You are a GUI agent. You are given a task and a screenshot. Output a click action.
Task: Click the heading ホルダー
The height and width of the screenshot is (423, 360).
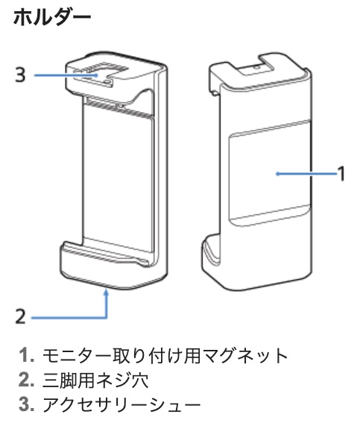click(52, 17)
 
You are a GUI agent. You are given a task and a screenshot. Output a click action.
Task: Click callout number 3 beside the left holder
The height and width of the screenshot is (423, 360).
click(20, 75)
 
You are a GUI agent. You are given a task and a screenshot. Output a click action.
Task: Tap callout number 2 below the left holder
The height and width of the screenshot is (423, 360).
click(20, 316)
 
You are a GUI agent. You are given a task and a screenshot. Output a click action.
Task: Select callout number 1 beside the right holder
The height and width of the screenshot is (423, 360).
click(341, 174)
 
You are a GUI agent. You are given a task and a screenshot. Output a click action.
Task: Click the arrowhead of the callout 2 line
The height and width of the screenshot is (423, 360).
click(107, 292)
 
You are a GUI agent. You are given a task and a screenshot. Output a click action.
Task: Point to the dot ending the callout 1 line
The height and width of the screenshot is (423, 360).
click(277, 174)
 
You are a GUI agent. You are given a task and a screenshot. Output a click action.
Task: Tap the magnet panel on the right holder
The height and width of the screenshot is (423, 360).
click(270, 172)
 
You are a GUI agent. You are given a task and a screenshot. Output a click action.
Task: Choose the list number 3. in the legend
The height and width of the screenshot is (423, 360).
click(27, 404)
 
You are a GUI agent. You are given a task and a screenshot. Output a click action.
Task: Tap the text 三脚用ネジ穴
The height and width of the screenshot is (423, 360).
click(95, 380)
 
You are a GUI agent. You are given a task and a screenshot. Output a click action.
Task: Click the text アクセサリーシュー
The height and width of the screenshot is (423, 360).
click(121, 404)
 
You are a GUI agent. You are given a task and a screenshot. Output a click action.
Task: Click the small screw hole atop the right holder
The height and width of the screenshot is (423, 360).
click(256, 66)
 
